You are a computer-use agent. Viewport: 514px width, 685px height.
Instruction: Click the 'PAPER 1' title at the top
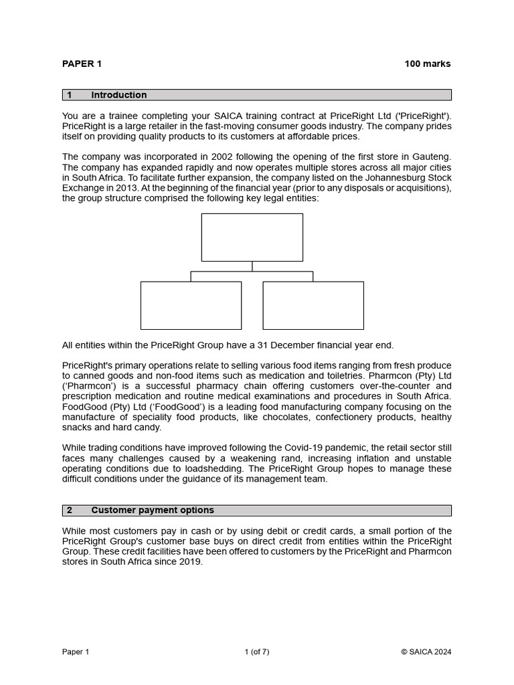[x=82, y=64]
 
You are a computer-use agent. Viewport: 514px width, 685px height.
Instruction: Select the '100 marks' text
[x=427, y=64]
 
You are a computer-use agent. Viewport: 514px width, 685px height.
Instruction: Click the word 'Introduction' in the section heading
[x=118, y=95]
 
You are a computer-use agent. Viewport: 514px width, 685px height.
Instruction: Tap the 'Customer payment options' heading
[x=153, y=510]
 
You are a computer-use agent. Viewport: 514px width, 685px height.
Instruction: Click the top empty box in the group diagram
[x=252, y=237]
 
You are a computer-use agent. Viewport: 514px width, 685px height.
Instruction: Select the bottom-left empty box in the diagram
[x=191, y=306]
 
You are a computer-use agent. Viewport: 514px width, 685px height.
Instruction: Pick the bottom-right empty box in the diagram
[x=313, y=306]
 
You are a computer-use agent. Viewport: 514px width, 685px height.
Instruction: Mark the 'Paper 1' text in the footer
[x=76, y=652]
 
